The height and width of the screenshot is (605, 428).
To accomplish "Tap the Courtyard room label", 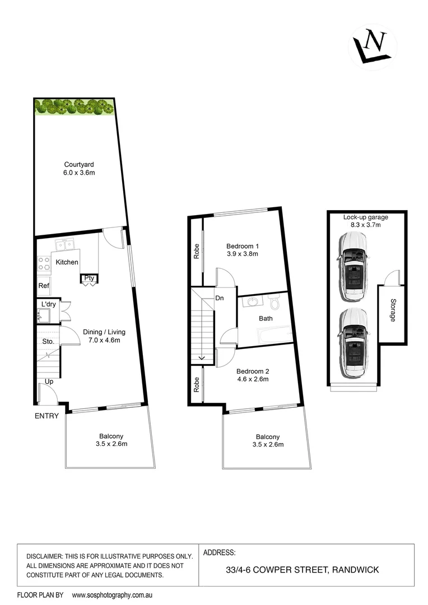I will (78, 164).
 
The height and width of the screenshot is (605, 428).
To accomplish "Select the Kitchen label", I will (67, 262).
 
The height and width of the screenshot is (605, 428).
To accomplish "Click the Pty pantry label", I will (89, 278).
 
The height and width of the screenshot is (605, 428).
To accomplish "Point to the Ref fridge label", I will (44, 286).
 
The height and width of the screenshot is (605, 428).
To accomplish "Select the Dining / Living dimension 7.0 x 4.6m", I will (101, 340).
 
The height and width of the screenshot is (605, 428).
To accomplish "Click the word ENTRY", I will (46, 416).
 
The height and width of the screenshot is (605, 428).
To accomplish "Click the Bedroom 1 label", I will (243, 246).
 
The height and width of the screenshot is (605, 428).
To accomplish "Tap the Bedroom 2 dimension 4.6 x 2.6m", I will (252, 379).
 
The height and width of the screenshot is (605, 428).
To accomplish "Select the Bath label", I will (266, 319).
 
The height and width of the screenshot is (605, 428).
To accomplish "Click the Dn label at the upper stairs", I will (219, 298).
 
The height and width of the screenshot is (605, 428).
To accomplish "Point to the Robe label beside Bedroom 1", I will (197, 253).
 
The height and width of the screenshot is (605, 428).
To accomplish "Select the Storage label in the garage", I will (392, 309).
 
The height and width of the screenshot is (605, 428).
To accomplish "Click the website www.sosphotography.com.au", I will (113, 594).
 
